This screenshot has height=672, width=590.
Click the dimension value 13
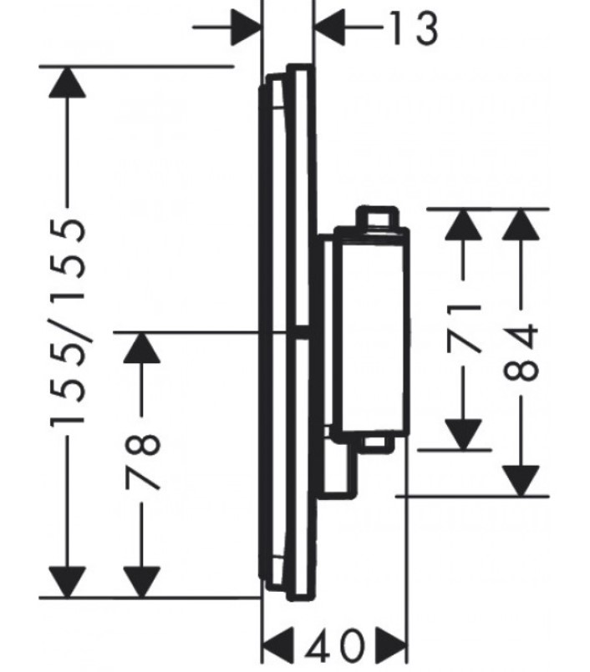pos(415,28)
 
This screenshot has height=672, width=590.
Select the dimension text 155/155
pos(69,322)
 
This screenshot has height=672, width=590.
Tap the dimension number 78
pos(143,461)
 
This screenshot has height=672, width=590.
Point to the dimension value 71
pos(463,329)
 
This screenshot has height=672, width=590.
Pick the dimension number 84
pos(521,352)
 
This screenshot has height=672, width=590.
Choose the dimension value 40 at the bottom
pos(334,645)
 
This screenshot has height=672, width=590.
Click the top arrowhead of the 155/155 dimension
pos(67,83)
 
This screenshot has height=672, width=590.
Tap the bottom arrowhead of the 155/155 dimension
pos(67,582)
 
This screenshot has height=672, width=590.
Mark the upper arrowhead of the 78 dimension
pos(141,348)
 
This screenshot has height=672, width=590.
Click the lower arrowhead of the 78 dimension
pos(141,582)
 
